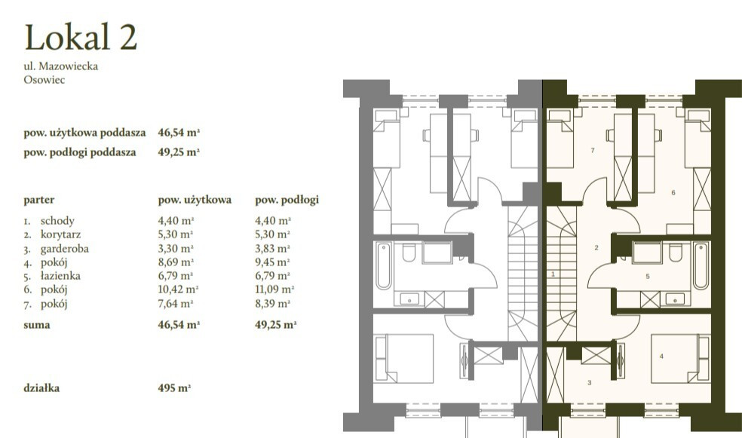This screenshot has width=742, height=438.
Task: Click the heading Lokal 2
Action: tap(81, 37)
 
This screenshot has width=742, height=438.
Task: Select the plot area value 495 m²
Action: tap(174, 387)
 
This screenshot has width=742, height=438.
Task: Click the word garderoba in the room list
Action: tap(64, 248)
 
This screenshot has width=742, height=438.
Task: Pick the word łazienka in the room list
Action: tap(60, 276)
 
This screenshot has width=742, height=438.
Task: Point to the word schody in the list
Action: tap(57, 221)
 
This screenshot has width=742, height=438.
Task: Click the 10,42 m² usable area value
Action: tap(178, 289)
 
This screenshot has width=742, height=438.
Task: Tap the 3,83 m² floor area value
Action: tap(272, 248)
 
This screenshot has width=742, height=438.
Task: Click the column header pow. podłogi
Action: tap(287, 200)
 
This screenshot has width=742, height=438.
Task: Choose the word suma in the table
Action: tap(36, 325)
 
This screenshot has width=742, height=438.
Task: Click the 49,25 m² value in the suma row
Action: tap(275, 324)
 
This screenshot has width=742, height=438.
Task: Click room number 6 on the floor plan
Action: tap(673, 192)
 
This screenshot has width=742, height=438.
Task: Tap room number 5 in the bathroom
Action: tap(647, 276)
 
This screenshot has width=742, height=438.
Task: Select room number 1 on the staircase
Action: tap(553, 274)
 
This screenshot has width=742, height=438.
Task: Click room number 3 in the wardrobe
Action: tap(589, 383)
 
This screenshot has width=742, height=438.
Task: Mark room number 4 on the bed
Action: tap(661, 356)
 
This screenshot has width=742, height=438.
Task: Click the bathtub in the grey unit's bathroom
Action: tap(384, 265)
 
